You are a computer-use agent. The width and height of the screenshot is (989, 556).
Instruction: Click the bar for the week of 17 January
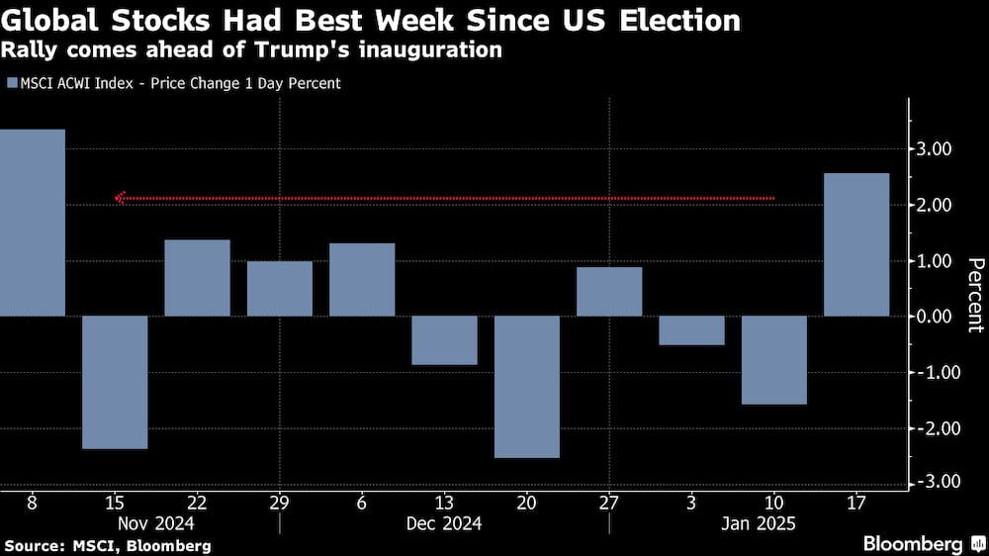coord(856,245)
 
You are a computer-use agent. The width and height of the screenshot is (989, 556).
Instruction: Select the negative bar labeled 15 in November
coord(115,382)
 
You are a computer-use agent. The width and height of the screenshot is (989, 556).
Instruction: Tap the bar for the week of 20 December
coord(527,387)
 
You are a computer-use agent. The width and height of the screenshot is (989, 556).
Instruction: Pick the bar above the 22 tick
coord(197,278)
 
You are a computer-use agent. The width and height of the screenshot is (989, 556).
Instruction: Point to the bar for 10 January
coord(774,360)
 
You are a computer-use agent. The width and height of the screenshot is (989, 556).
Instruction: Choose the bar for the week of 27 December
coord(609,292)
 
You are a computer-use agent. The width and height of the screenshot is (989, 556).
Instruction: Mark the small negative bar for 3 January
coord(691,330)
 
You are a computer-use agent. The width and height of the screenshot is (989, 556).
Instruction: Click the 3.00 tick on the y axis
coord(935,149)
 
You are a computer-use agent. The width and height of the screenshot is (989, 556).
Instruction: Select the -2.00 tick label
coord(932,428)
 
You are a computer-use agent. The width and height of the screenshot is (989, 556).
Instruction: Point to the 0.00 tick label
coord(935,317)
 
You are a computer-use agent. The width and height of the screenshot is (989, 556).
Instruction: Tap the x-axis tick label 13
coord(444,503)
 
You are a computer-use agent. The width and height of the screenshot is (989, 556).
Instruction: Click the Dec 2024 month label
coord(444,523)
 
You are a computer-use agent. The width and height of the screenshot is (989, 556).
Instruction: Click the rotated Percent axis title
coord(975,294)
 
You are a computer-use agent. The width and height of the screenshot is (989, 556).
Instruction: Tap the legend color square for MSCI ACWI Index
coord(11,84)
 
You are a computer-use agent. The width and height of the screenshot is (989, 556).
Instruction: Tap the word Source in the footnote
coord(31,545)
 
